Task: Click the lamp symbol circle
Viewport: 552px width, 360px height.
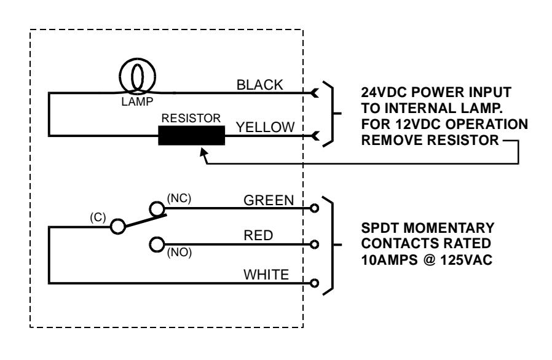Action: [120, 76]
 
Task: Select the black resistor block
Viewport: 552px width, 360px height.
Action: [192, 136]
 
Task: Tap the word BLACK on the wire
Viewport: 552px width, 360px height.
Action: [260, 85]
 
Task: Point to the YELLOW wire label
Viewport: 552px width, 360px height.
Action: [265, 127]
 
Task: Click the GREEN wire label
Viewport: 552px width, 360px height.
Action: [269, 200]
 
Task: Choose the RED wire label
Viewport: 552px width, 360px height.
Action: [258, 235]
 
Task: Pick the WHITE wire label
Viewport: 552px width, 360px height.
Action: [266, 275]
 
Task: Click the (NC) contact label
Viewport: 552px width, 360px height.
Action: [179, 198]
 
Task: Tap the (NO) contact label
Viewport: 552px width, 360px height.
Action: [179, 252]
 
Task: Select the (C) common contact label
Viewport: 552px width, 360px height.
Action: [98, 217]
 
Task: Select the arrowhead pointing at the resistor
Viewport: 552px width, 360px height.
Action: [203, 152]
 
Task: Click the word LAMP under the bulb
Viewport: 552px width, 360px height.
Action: [137, 102]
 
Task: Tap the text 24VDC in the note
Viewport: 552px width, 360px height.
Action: [384, 93]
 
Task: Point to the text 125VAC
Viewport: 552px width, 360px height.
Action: [466, 260]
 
